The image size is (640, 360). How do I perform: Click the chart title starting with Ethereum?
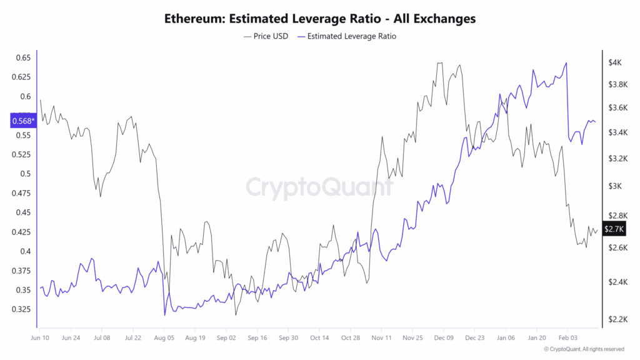pyautogui.click(x=319, y=18)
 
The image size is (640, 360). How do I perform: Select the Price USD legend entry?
pyautogui.click(x=266, y=36)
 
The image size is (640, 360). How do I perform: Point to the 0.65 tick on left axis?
pyautogui.click(x=22, y=57)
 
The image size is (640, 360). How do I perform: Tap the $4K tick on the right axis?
pyautogui.click(x=614, y=62)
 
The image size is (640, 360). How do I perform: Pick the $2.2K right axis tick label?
pyautogui.click(x=616, y=319)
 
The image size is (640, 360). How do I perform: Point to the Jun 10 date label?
pyautogui.click(x=41, y=337)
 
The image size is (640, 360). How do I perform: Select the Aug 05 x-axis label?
pyautogui.click(x=164, y=337)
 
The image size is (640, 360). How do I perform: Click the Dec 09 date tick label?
pyautogui.click(x=443, y=337)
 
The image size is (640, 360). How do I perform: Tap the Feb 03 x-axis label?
pyautogui.click(x=567, y=337)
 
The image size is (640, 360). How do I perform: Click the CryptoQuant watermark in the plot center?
pyautogui.click(x=319, y=187)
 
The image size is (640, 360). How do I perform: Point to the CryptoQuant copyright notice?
pyautogui.click(x=583, y=349)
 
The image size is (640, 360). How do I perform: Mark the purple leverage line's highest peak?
pyautogui.click(x=566, y=62)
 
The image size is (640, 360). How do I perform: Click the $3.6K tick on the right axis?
pyautogui.click(x=616, y=107)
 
